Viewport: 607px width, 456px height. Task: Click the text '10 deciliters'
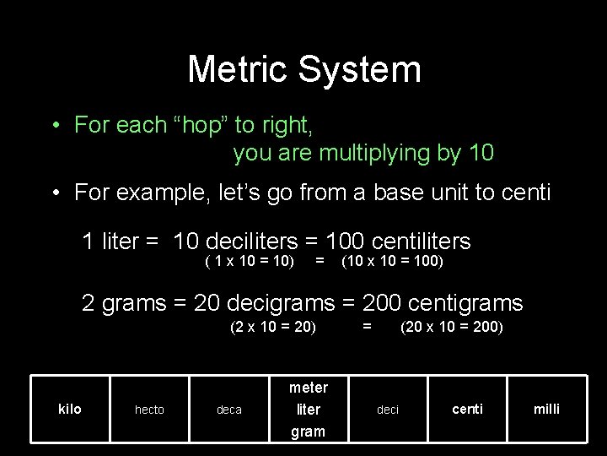click(x=239, y=242)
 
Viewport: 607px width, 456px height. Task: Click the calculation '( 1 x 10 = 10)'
click(x=250, y=261)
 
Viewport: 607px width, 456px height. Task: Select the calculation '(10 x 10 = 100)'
click(x=391, y=261)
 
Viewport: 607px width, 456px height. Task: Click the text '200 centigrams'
click(x=443, y=302)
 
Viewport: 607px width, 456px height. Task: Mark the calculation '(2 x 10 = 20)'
click(x=273, y=326)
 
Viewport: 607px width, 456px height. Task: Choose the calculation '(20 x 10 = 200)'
click(x=451, y=326)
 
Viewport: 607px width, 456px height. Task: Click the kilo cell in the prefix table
click(x=70, y=409)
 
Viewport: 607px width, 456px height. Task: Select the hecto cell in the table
click(x=149, y=410)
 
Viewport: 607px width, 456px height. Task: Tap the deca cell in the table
click(x=228, y=410)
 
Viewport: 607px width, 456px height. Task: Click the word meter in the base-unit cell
click(x=308, y=388)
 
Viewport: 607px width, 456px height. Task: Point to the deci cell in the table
click(x=387, y=410)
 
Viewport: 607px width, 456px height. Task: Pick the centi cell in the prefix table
click(x=467, y=409)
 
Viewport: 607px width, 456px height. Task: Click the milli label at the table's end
click(x=546, y=409)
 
